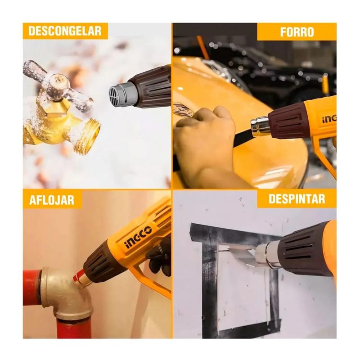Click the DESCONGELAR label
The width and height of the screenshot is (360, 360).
(x=65, y=31)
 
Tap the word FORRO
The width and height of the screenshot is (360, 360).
(x=297, y=32)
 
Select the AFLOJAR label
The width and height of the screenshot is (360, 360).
(x=52, y=200)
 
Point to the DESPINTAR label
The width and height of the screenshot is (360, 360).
(x=297, y=199)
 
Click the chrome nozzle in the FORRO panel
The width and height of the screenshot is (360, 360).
(x=261, y=126)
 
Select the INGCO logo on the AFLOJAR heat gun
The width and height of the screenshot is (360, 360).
(x=138, y=238)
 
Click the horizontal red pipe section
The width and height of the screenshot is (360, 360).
(x=31, y=288)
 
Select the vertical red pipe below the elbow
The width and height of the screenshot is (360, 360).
(x=74, y=329)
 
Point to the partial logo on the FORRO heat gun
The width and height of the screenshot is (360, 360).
(x=329, y=119)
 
